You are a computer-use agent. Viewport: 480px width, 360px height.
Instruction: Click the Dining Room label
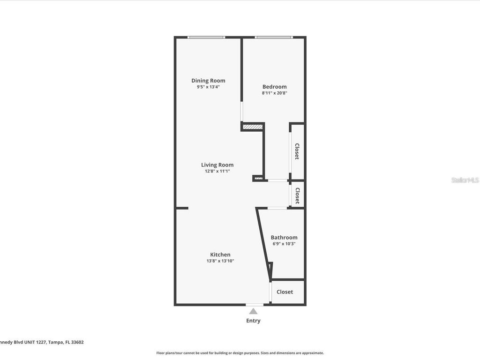pyautogui.click(x=208, y=81)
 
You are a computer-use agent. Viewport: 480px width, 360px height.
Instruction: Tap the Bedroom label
pyautogui.click(x=274, y=87)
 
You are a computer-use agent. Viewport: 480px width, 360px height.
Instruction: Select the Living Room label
pyautogui.click(x=217, y=165)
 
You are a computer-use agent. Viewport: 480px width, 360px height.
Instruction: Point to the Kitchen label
pyautogui.click(x=220, y=255)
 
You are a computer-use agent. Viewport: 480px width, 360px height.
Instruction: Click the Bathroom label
pyautogui.click(x=284, y=238)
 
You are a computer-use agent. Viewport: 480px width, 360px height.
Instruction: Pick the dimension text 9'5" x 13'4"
pyautogui.click(x=208, y=87)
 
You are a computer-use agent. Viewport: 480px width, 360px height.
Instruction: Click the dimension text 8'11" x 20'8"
pyautogui.click(x=274, y=93)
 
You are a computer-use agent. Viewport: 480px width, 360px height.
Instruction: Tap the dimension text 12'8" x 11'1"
pyautogui.click(x=217, y=171)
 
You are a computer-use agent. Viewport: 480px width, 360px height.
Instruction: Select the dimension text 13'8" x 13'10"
pyautogui.click(x=220, y=261)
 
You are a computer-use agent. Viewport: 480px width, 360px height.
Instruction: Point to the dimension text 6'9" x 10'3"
pyautogui.click(x=283, y=244)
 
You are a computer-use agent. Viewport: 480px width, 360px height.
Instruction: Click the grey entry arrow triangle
pyautogui.click(x=253, y=311)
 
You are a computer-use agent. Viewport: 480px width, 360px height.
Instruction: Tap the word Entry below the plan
pyautogui.click(x=253, y=321)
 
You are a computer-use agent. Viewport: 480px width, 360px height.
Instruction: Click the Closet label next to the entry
pyautogui.click(x=285, y=292)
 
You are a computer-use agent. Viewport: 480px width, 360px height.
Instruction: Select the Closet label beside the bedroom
pyautogui.click(x=297, y=151)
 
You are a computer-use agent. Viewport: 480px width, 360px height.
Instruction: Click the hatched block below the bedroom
pyautogui.click(x=252, y=127)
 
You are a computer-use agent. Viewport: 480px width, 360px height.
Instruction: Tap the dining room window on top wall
pyautogui.click(x=206, y=37)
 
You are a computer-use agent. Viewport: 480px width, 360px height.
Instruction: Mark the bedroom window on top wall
pyautogui.click(x=274, y=37)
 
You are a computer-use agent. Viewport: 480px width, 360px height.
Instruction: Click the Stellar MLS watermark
pyautogui.click(x=465, y=180)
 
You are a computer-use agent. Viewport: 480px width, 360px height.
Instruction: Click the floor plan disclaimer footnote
pyautogui.click(x=240, y=353)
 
